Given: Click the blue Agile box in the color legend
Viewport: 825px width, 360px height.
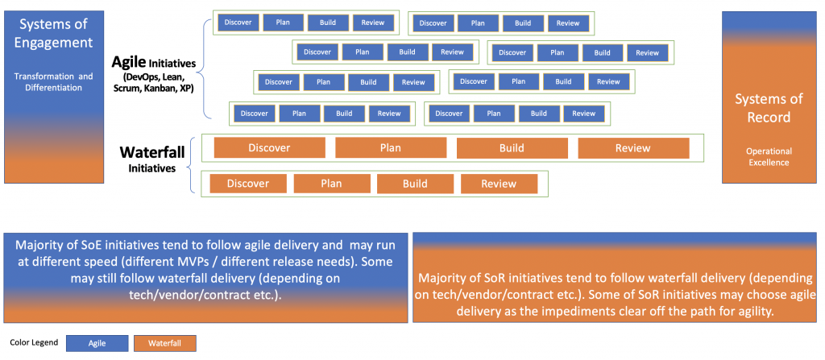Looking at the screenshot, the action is (x=97, y=343).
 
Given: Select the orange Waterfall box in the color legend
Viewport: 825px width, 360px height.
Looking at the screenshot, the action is (x=165, y=343).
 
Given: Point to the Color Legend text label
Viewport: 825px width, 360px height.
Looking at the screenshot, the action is (x=34, y=342).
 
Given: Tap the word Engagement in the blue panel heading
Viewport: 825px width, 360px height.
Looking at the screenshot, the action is (x=54, y=42).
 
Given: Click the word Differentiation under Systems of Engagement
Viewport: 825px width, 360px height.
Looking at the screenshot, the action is (x=54, y=88).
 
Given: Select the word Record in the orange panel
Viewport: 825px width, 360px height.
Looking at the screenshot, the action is (x=769, y=117).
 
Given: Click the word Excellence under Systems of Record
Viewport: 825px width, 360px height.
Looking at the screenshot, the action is (x=769, y=163).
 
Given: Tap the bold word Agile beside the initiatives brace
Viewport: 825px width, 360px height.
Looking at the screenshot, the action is (x=128, y=62).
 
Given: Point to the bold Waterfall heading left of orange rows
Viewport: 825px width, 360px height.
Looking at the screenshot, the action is (x=152, y=153).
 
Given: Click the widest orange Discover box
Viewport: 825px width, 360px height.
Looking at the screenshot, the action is (x=269, y=148).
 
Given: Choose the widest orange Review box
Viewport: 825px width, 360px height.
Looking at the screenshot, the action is (x=633, y=148).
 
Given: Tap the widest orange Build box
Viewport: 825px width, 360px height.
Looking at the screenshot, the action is (x=512, y=148).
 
